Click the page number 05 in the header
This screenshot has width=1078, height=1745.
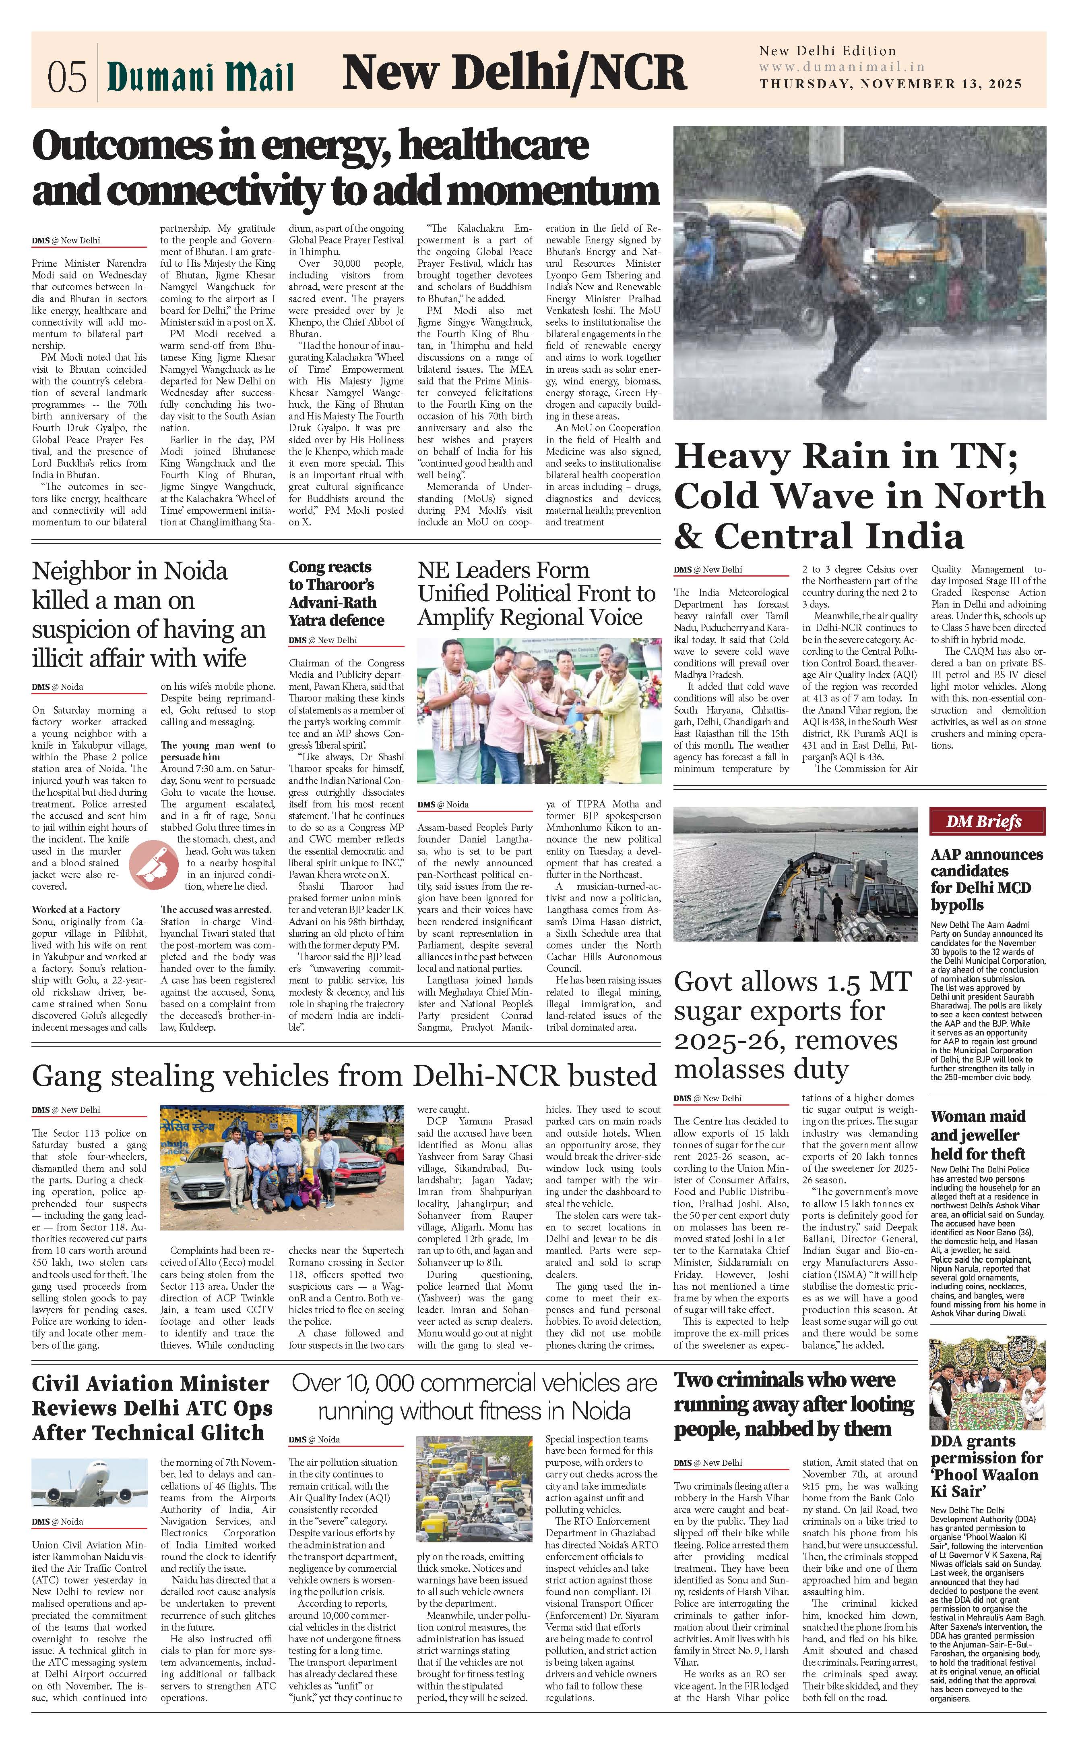coord(67,76)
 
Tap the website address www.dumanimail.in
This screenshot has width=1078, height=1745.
coord(841,67)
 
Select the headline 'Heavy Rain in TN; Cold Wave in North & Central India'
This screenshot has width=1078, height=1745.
coord(859,496)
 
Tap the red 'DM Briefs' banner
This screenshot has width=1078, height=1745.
coord(987,821)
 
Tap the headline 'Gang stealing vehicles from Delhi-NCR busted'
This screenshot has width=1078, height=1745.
coord(344,1077)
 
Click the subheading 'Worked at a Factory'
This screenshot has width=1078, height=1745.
coord(76,910)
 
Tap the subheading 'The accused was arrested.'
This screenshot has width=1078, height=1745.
coord(215,910)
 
